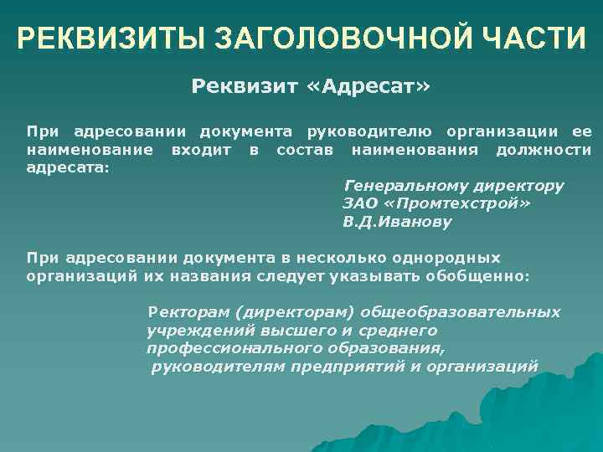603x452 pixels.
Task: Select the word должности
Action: click(543, 150)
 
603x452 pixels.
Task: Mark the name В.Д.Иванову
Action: click(396, 223)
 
